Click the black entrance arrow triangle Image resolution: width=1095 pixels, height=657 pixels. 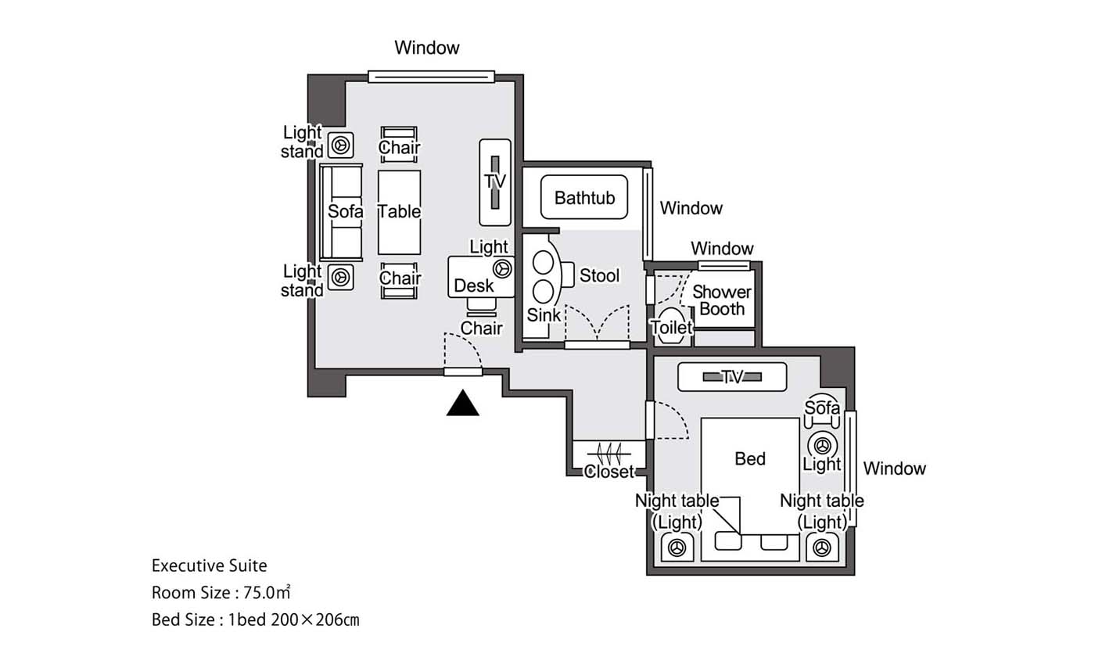pyautogui.click(x=462, y=404)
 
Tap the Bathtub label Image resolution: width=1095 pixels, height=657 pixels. pyautogui.click(x=584, y=198)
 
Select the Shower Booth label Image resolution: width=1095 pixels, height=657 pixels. pyautogui.click(x=721, y=300)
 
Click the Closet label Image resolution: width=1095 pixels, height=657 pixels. pyautogui.click(x=609, y=471)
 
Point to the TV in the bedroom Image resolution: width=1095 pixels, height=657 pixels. pyautogui.click(x=732, y=377)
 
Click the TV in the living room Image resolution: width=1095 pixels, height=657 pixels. pyautogui.click(x=495, y=182)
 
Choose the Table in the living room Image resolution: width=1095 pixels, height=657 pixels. pyautogui.click(x=399, y=212)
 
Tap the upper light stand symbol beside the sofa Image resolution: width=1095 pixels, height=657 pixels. pyautogui.click(x=340, y=145)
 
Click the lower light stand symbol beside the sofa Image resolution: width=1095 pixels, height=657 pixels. pyautogui.click(x=340, y=278)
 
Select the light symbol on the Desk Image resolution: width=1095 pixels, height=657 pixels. pyautogui.click(x=502, y=269)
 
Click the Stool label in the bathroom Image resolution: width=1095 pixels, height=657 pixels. pyautogui.click(x=599, y=275)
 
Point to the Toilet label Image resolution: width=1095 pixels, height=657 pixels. pyautogui.click(x=671, y=327)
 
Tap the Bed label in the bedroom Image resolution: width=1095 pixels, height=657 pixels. pyautogui.click(x=750, y=458)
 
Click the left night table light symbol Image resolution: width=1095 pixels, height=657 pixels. pyautogui.click(x=677, y=547)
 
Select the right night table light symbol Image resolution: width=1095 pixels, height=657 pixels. pyautogui.click(x=822, y=547)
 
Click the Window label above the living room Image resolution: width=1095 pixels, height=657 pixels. pyautogui.click(x=427, y=48)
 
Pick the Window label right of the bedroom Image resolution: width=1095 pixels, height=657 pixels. pyautogui.click(x=894, y=469)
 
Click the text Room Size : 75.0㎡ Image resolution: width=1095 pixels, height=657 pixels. pyautogui.click(x=221, y=593)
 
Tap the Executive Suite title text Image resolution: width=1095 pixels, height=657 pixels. pyautogui.click(x=210, y=565)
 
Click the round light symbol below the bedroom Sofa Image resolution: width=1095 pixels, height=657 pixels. pyautogui.click(x=822, y=446)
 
